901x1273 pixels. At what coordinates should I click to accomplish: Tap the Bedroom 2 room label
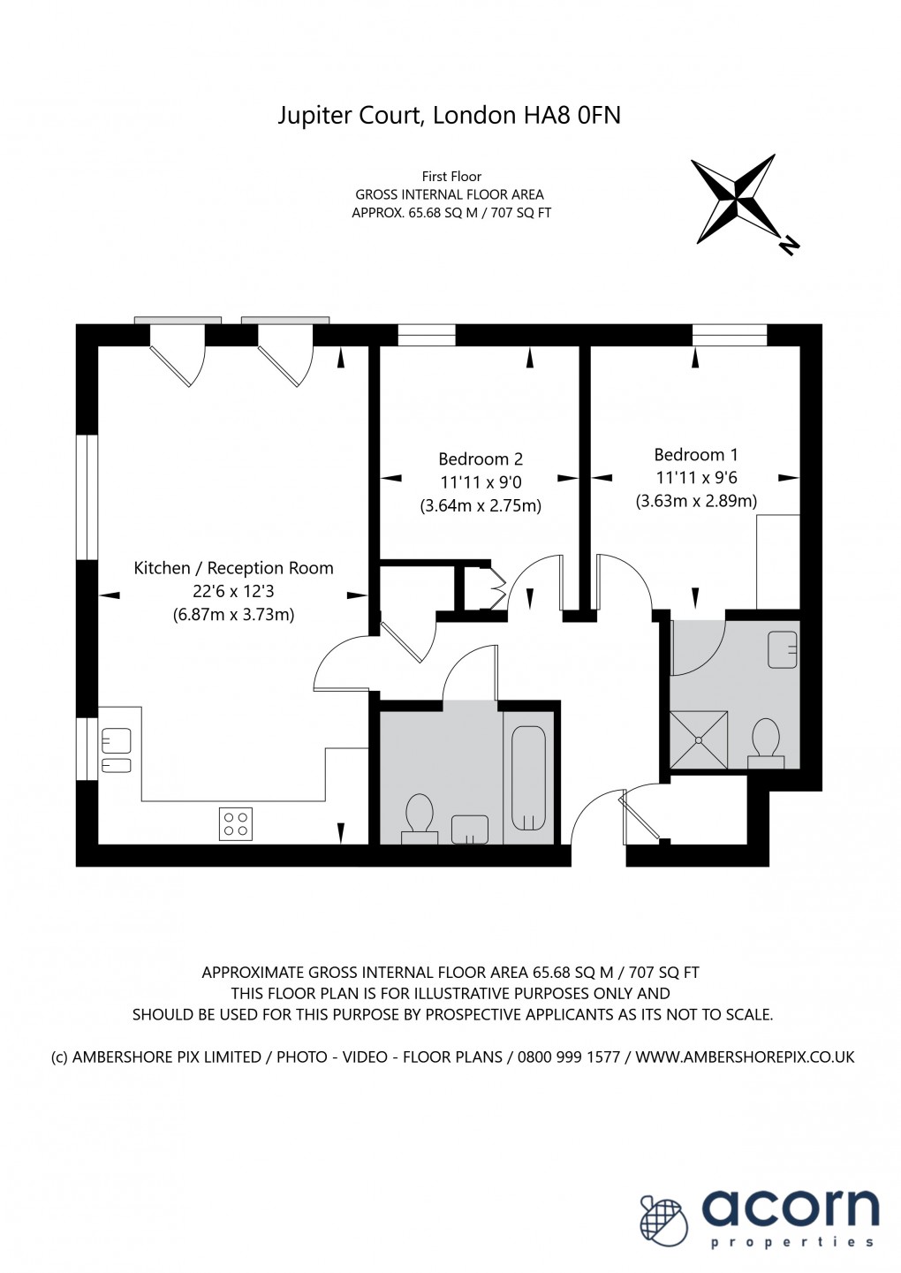481,459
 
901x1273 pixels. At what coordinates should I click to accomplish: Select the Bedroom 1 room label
696,455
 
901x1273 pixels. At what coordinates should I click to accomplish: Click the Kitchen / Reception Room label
233,568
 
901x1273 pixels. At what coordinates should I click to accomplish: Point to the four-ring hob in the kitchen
236,824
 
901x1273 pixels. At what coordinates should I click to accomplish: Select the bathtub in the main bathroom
528,778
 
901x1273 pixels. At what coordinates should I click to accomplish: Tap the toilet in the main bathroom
419,814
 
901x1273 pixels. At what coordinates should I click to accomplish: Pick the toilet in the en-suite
765,739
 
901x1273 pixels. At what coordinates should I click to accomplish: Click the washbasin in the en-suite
783,649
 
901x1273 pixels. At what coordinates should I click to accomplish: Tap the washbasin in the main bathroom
469,829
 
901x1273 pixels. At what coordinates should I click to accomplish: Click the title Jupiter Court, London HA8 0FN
449,116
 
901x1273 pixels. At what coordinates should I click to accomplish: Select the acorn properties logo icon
662,1221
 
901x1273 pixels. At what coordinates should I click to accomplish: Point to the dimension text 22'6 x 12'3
233,591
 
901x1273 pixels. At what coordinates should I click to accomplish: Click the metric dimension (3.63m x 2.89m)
696,501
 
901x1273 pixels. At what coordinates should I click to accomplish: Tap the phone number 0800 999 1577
569,1057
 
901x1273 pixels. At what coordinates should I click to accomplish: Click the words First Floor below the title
451,177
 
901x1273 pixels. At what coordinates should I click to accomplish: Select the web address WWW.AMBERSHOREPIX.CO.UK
745,1057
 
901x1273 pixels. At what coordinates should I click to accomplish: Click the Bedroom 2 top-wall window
427,335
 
